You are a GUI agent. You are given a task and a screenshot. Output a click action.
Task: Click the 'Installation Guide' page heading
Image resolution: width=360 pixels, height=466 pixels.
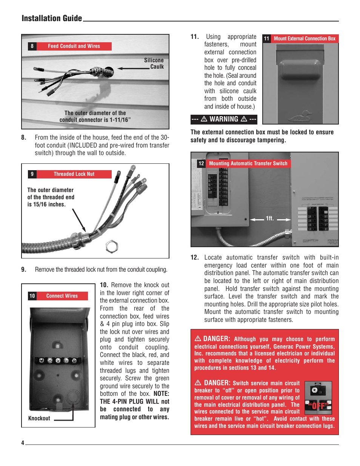pos(52,18)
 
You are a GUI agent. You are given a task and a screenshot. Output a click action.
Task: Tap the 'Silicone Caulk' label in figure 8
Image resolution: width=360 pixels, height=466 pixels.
pos(154,63)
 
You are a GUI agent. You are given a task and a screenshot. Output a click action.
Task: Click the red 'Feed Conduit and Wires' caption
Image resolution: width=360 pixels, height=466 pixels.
pos(74,46)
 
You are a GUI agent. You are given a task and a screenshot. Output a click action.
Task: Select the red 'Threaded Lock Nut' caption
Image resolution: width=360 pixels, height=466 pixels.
pos(74,174)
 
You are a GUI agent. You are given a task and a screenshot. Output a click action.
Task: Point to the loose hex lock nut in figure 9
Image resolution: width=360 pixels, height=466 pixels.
pos(112,246)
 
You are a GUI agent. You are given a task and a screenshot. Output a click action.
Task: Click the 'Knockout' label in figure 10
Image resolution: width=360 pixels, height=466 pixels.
pos(39,418)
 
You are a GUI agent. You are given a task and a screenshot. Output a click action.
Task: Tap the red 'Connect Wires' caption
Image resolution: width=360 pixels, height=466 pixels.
pos(62,296)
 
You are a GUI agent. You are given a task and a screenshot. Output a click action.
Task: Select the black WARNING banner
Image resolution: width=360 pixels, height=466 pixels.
pos(224,119)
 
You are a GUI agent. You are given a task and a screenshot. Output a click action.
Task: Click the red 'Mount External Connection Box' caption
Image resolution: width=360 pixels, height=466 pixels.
pos(304,38)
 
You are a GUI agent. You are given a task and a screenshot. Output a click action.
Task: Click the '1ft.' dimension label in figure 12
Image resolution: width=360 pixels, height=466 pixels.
pos(269,218)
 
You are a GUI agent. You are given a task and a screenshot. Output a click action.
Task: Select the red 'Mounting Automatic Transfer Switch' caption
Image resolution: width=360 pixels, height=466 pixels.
pos(248,163)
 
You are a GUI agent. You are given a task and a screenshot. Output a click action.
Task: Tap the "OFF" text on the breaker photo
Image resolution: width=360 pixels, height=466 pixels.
pos(318,406)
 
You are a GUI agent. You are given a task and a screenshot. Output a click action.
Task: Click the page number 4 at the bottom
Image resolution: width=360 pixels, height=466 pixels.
pos(23,443)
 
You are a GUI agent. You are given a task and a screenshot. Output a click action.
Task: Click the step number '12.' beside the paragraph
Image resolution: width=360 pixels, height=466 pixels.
pos(194,257)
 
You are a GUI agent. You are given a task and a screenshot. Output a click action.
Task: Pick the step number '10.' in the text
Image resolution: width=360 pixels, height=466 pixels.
pos(104,285)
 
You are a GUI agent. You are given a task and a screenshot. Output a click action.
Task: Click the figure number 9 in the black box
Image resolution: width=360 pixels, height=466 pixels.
pos(32,174)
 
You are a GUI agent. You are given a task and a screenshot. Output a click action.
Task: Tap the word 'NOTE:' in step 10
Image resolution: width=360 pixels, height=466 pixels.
pos(161,394)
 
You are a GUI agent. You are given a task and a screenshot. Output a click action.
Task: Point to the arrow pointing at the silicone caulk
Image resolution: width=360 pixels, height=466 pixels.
pos(133,68)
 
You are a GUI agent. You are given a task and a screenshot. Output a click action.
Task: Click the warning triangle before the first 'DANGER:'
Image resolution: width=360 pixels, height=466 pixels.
pos(198,338)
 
